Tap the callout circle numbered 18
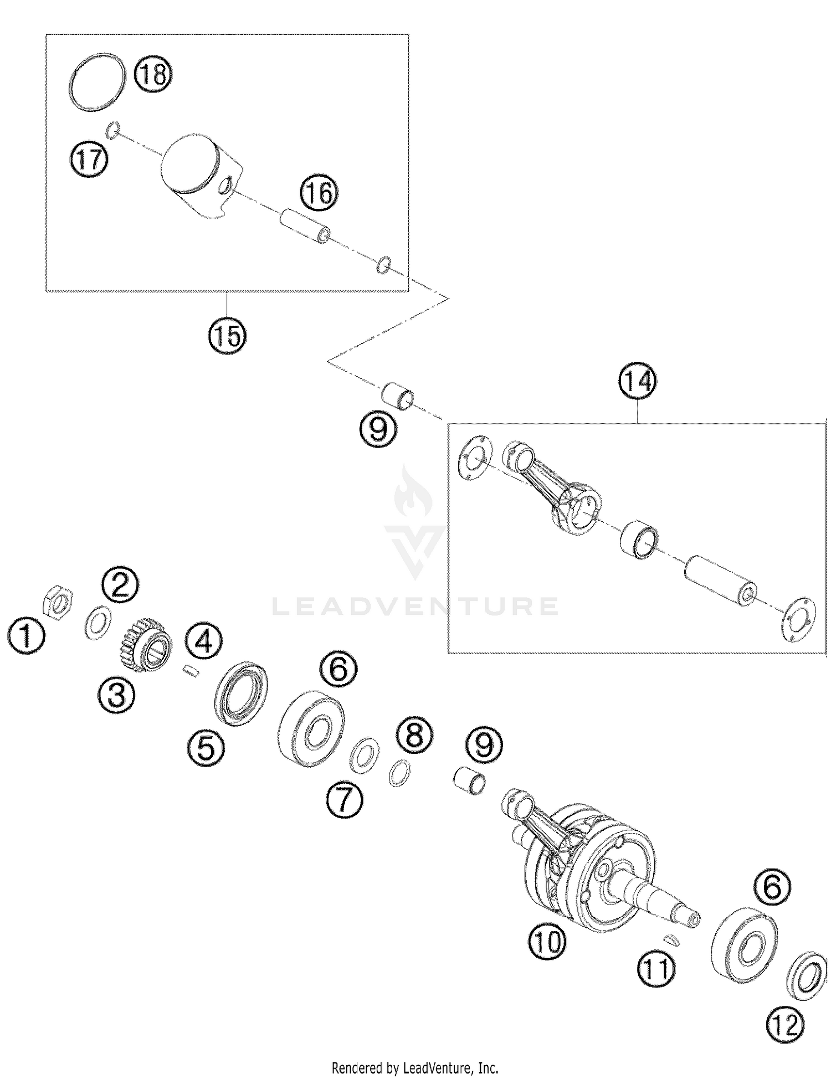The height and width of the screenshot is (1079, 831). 153,74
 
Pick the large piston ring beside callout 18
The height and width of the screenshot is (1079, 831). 97,82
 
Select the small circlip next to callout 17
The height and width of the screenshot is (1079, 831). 112,130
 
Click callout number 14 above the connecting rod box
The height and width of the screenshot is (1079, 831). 638,381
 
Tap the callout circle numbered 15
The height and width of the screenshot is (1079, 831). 227,335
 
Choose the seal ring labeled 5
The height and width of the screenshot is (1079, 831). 241,693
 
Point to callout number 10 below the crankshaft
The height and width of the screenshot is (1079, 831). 547,941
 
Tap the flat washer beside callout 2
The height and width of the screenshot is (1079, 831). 98,623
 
